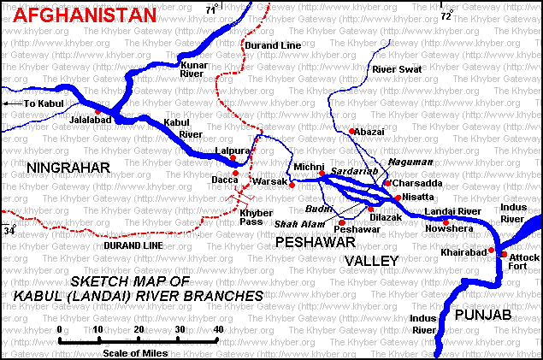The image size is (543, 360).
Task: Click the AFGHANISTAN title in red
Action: pos(79,15)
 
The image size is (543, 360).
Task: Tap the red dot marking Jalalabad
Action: pos(98,111)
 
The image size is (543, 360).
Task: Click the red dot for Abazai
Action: pos(351,131)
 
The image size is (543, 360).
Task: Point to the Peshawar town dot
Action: pos(342,222)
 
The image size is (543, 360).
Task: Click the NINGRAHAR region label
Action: pos(68,167)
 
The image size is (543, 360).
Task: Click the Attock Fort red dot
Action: pos(504,254)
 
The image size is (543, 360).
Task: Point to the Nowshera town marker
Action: pos(446,222)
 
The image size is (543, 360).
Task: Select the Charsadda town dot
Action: pos(387,182)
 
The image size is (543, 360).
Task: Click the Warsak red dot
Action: pos(292,185)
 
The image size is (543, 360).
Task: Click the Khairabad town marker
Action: pos(491,250)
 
